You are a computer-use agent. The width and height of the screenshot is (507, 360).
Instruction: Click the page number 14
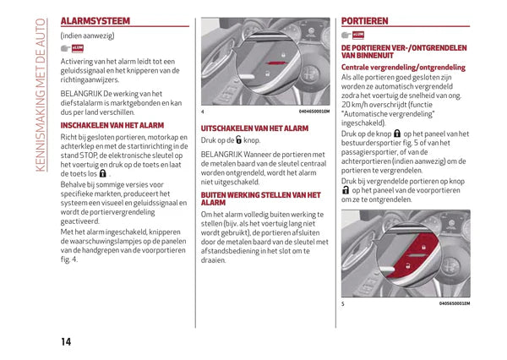(65, 341)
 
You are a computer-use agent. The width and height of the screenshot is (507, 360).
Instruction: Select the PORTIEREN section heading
(365, 19)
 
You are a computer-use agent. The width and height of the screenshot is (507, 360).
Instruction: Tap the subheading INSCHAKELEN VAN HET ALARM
(112, 125)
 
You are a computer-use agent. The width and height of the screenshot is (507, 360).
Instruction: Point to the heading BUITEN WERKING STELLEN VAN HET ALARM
(259, 199)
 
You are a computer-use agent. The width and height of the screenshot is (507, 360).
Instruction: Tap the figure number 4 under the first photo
(203, 112)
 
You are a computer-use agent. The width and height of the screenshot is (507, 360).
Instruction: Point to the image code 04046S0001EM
(314, 112)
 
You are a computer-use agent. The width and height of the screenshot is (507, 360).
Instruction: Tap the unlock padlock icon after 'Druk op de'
(238, 141)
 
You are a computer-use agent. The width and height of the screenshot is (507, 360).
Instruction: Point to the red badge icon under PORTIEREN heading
(358, 35)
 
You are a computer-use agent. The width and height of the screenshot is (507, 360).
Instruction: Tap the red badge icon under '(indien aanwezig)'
(79, 50)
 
